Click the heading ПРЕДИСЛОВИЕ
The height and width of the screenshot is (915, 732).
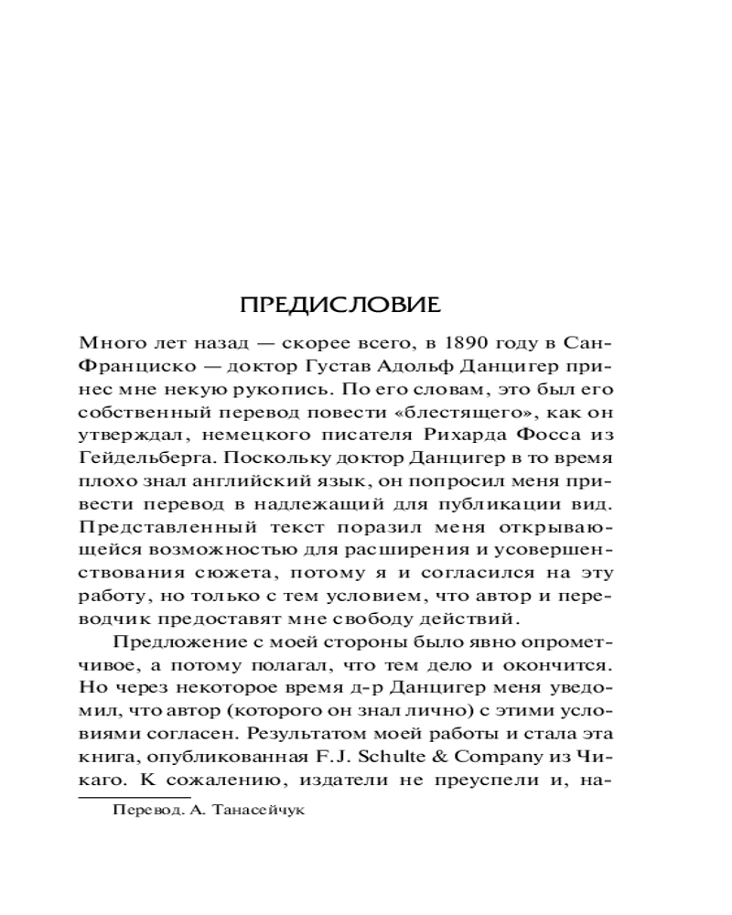[352, 303]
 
